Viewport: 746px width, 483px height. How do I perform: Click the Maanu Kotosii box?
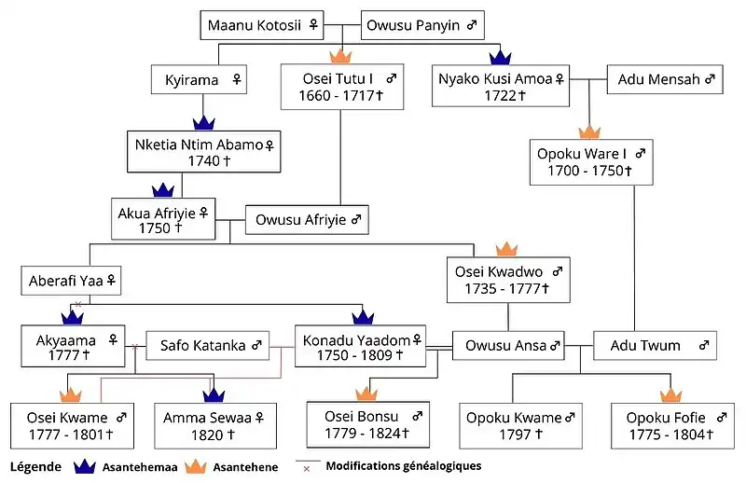pos(264,25)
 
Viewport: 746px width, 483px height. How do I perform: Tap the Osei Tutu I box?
pos(340,87)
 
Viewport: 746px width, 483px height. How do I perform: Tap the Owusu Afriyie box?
pos(308,220)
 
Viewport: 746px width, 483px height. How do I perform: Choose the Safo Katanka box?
pos(209,346)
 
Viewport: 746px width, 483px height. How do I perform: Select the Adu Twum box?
pos(654,346)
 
